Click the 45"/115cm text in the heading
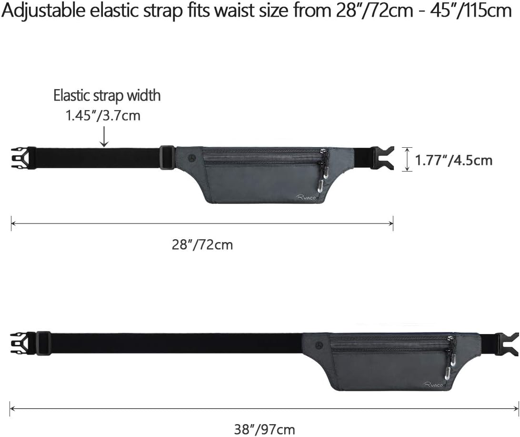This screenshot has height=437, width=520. click(471, 10)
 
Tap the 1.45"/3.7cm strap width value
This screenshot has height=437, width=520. click(103, 115)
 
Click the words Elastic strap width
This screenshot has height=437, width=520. click(107, 96)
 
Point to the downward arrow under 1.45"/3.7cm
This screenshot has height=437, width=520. click(104, 137)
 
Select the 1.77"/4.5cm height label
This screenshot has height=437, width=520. click(454, 161)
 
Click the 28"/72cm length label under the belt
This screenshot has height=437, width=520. click(202, 245)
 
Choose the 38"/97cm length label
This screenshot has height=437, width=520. click(265, 429)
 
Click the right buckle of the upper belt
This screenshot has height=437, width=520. click(382, 158)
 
